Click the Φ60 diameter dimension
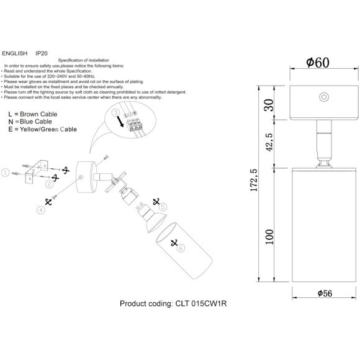pyautogui.click(x=317, y=63)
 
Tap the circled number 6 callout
pyautogui.click(x=181, y=248)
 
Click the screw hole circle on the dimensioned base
pyautogui.click(x=323, y=96)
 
